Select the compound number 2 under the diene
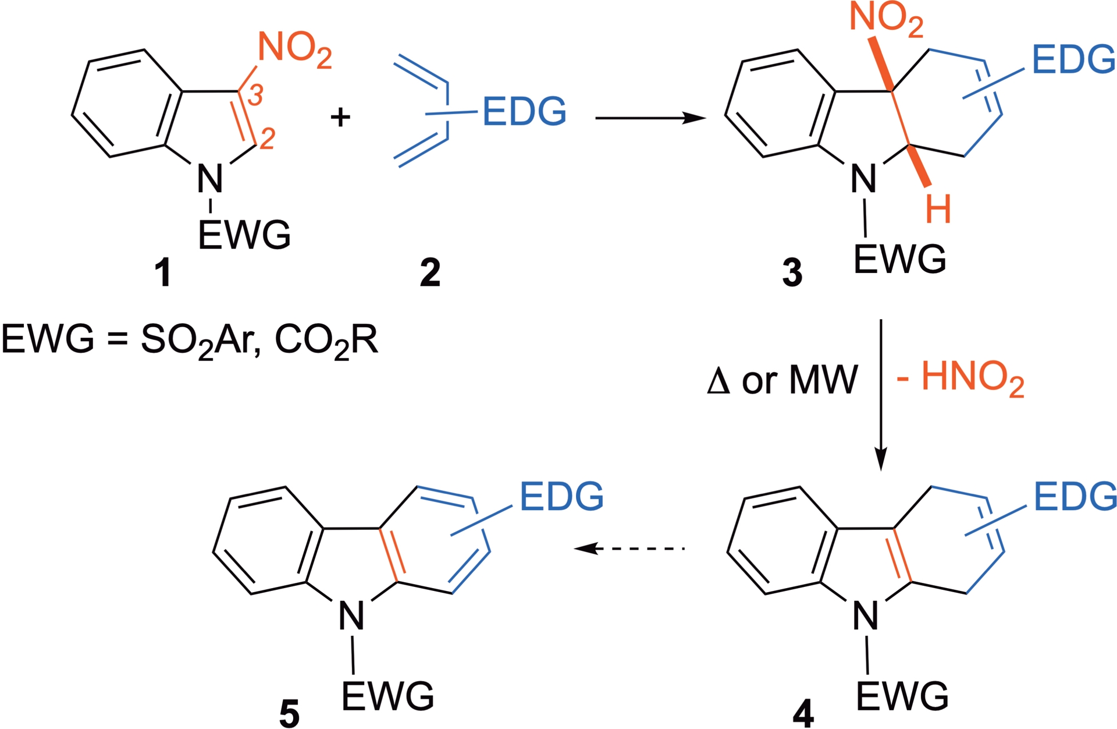pos(430,273)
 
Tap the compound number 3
pos(792,273)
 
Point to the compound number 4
pos(803,713)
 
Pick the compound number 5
pos(289,713)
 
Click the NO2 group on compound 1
pos(294,49)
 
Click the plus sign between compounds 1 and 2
pos(340,117)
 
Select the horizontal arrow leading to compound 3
pos(650,118)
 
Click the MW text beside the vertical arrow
pos(823,380)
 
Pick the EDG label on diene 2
pos(524,111)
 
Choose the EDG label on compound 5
pos(561,497)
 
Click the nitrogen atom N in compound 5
pos(351,616)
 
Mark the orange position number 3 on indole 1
pos(255,95)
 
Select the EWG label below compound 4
pos(902,696)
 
